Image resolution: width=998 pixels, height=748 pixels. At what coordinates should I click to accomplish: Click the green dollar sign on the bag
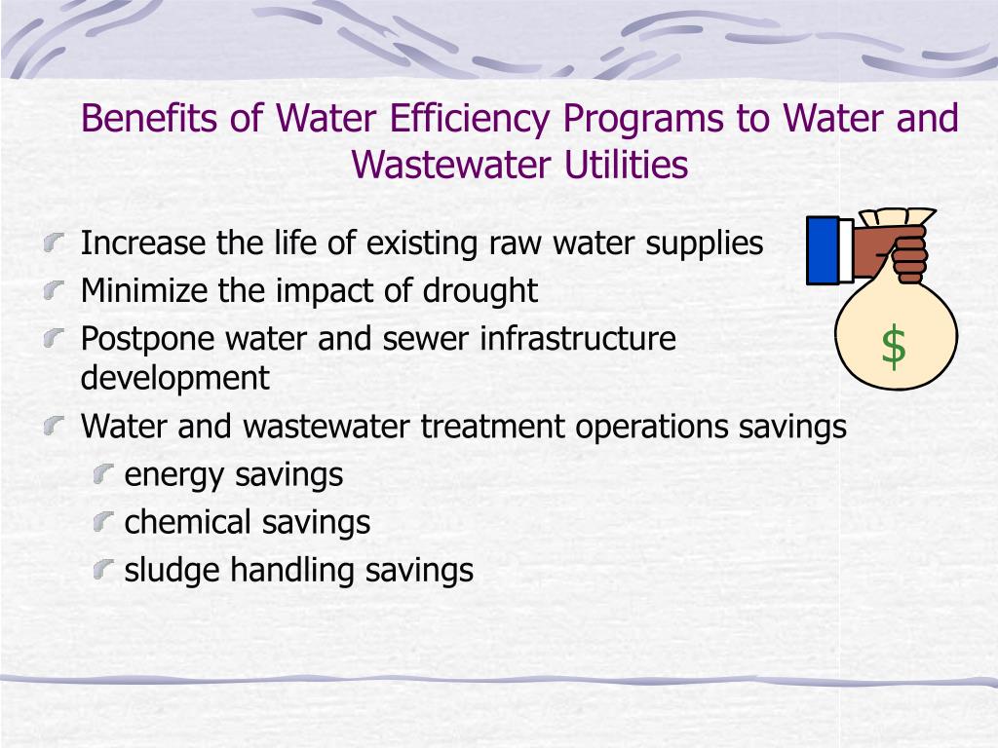coord(893,348)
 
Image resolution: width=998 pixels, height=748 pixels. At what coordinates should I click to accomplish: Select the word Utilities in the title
coord(627,165)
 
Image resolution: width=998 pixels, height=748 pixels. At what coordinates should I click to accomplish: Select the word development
coord(174,377)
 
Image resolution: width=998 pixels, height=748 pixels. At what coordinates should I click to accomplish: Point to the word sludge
coord(173,570)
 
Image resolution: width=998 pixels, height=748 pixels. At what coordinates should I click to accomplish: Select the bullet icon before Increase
coord(58,241)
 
